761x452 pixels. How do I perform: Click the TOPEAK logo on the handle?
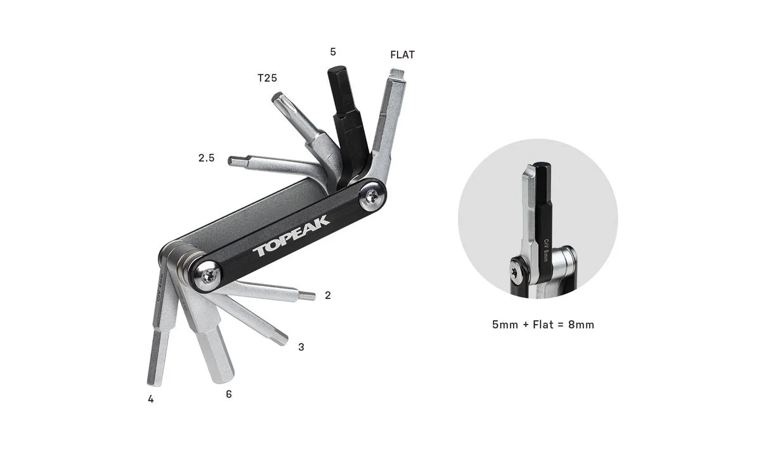291,236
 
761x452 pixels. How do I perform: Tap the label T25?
268,78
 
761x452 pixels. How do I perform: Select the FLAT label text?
402,55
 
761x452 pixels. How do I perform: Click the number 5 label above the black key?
333,52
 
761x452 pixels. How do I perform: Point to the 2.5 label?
207,158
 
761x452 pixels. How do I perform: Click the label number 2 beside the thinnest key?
328,295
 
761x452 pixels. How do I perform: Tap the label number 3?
301,347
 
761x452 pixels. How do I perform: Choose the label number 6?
229,394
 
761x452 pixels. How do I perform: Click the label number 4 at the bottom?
151,399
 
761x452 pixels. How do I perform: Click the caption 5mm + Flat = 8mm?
543,325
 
